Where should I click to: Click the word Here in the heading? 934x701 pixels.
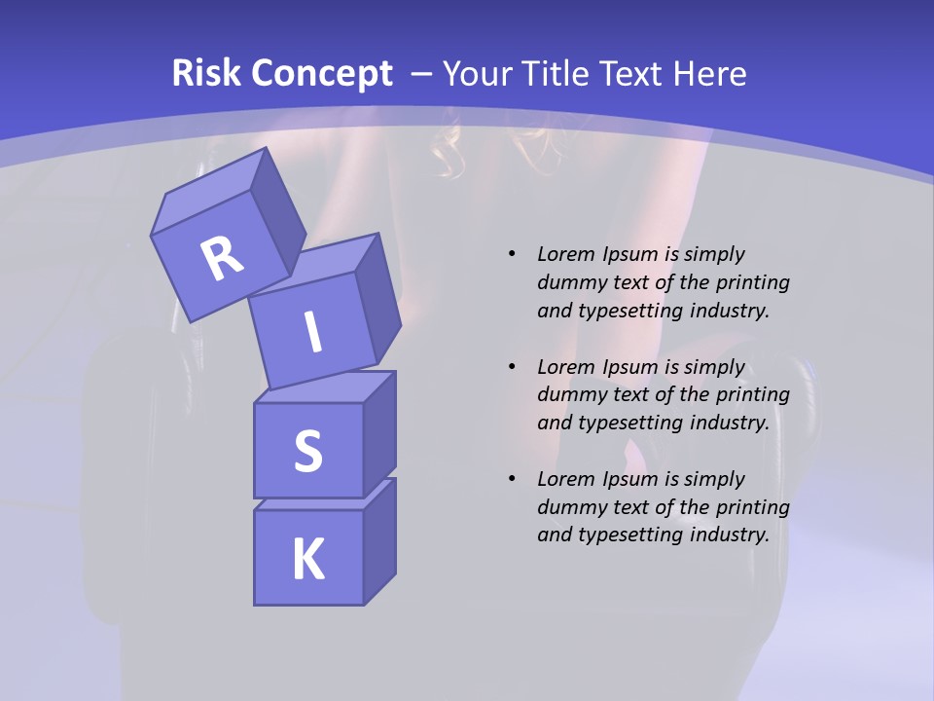(712, 73)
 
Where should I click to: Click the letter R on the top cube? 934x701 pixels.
(222, 257)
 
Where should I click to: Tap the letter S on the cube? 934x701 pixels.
(307, 451)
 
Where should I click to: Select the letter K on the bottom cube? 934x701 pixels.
(307, 559)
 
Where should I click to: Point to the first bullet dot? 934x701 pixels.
(512, 254)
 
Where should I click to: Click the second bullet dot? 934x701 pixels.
(512, 367)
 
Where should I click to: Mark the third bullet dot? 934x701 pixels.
(512, 479)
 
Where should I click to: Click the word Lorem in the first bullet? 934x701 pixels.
(564, 254)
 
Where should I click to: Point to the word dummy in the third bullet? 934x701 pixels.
(568, 507)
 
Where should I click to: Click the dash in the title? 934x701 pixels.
(422, 74)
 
